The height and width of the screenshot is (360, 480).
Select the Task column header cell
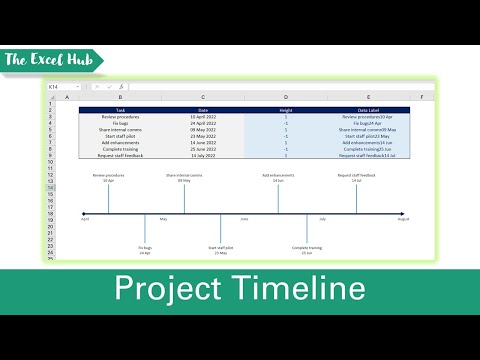click(121, 109)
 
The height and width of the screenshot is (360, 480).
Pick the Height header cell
click(285, 109)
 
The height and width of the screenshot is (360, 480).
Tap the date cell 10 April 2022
click(201, 117)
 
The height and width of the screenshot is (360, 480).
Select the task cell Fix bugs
click(121, 124)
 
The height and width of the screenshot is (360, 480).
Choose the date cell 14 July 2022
click(201, 156)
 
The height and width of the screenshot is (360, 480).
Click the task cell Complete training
click(121, 149)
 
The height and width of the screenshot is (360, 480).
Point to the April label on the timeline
click(85, 219)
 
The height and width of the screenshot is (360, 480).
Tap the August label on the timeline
click(403, 219)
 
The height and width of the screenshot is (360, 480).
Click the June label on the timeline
click(243, 219)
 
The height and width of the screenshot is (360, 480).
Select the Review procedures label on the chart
click(108, 177)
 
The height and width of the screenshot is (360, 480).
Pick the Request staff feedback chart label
click(356, 177)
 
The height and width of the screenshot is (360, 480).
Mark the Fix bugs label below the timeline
click(145, 249)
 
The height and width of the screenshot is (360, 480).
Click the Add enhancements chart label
click(278, 177)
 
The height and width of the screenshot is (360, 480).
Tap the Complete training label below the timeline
click(306, 249)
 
